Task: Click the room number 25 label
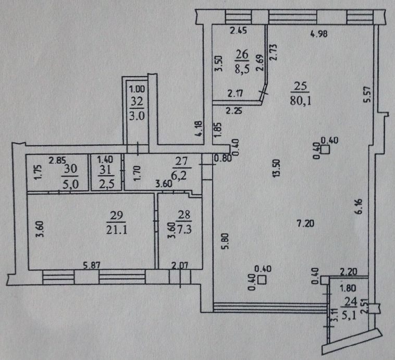pyautogui.click(x=300, y=86)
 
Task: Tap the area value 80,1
pyautogui.click(x=301, y=101)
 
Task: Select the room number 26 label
pyautogui.click(x=242, y=54)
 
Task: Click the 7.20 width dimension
pyautogui.click(x=305, y=223)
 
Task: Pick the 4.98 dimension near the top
pyautogui.click(x=319, y=34)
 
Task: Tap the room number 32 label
pyautogui.click(x=137, y=102)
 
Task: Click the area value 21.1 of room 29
pyautogui.click(x=117, y=230)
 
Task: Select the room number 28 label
pyautogui.click(x=184, y=215)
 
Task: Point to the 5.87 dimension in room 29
pyautogui.click(x=92, y=265)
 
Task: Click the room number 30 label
pyautogui.click(x=70, y=169)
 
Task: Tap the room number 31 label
pyautogui.click(x=105, y=170)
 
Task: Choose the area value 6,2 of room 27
pyautogui.click(x=179, y=176)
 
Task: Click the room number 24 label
pyautogui.click(x=351, y=302)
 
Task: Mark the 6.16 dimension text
pyautogui.click(x=359, y=207)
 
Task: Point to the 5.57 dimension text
pyautogui.click(x=367, y=94)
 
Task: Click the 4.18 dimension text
pyautogui.click(x=199, y=129)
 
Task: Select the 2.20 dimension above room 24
pyautogui.click(x=349, y=271)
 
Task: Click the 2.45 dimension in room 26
pyautogui.click(x=239, y=31)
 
